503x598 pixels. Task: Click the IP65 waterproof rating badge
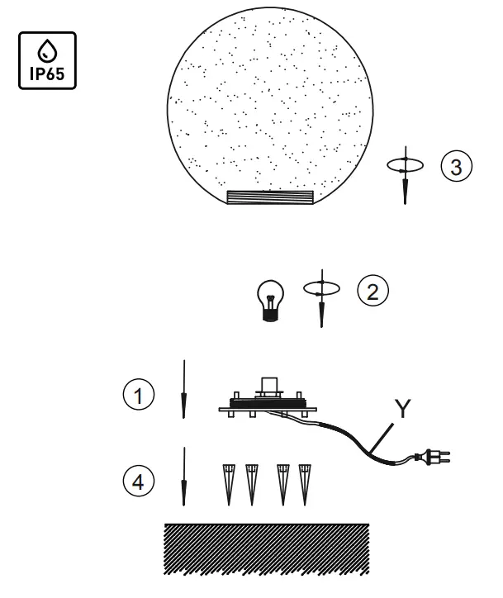tap(46, 60)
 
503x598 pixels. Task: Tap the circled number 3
tap(456, 165)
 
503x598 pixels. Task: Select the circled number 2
tap(373, 290)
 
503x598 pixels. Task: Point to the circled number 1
tap(145, 395)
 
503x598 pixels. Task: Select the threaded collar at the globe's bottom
tap(270, 197)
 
